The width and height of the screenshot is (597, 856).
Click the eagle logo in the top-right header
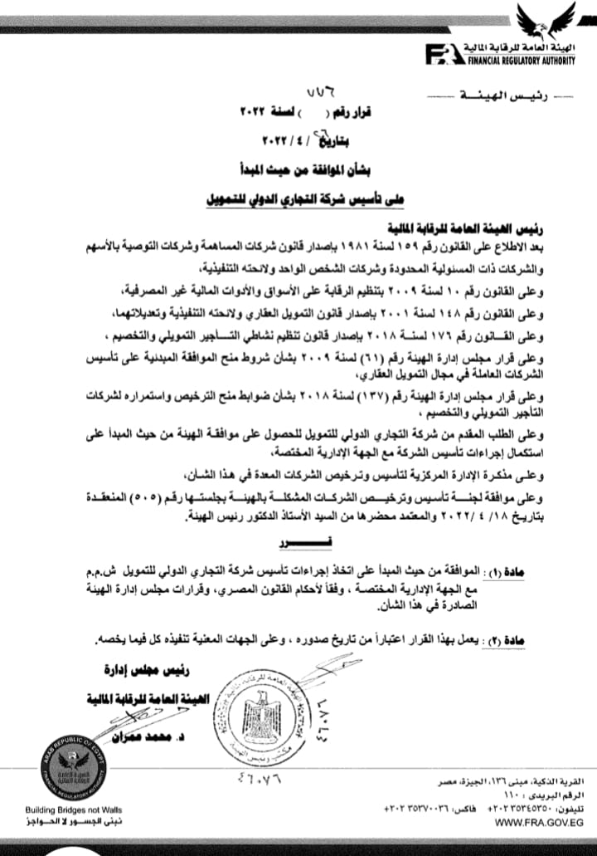tap(545, 22)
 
